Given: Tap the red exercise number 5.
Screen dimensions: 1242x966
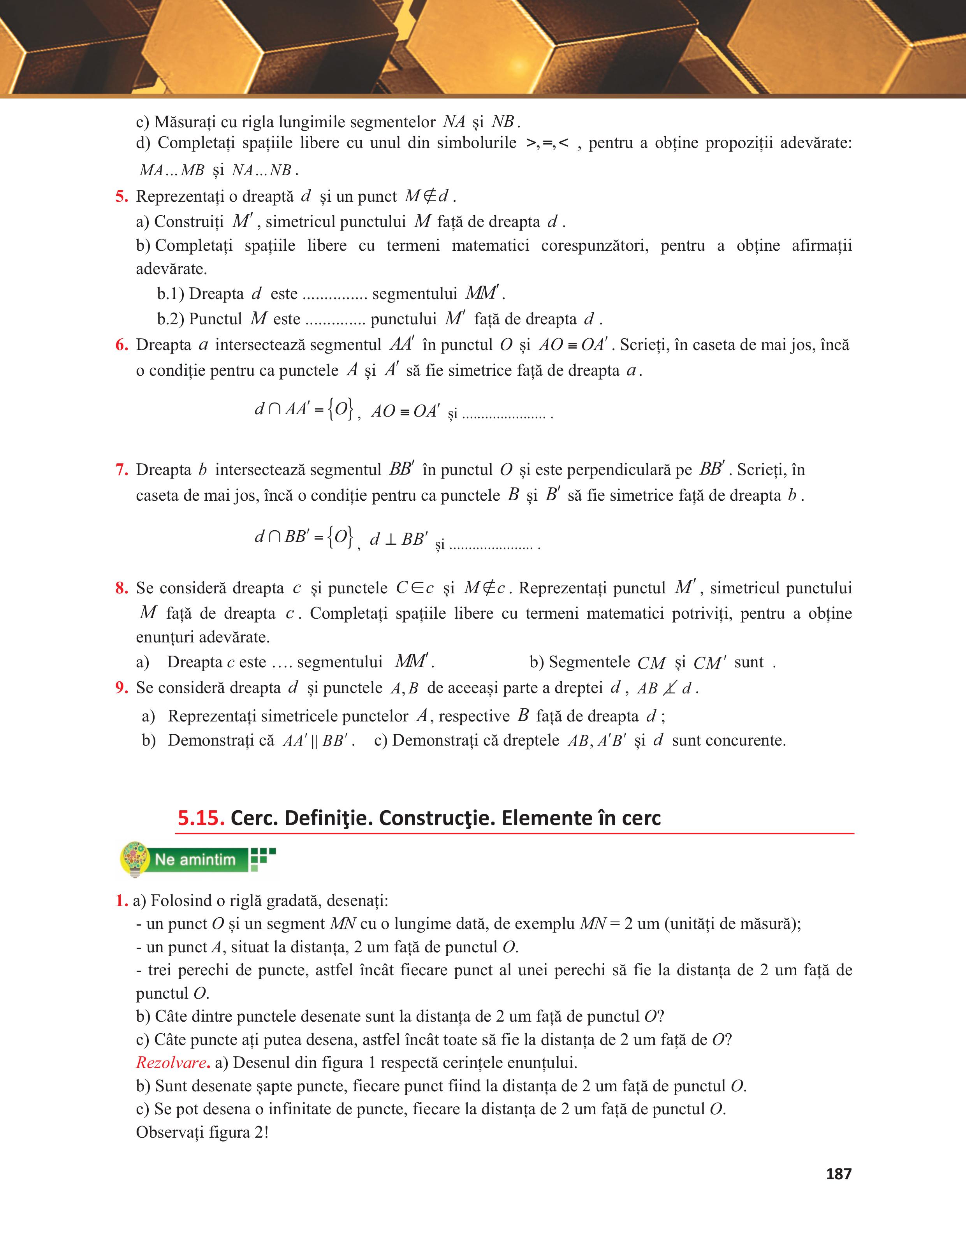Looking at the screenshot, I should pyautogui.click(x=121, y=197).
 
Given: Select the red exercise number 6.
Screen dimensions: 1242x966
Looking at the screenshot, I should pyautogui.click(x=121, y=345).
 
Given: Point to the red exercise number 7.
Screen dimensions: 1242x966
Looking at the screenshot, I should pyautogui.click(x=121, y=470).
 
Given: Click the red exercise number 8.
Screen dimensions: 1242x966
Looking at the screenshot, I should pyautogui.click(x=121, y=588).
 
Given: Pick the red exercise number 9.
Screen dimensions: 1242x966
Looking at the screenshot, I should pyautogui.click(x=121, y=688).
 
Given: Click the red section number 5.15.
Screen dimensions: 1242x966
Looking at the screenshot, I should pyautogui.click(x=201, y=818).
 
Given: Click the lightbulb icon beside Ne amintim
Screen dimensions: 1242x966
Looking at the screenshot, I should pyautogui.click(x=135, y=859).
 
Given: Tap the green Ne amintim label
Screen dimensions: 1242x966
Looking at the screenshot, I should pyautogui.click(x=195, y=859).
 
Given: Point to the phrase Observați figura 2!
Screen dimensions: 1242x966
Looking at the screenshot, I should pyautogui.click(x=202, y=1132).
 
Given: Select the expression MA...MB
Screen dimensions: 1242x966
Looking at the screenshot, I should pyautogui.click(x=172, y=170).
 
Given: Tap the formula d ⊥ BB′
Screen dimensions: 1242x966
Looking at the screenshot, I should pyautogui.click(x=399, y=538).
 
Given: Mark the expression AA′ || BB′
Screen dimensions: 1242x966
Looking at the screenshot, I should pyautogui.click(x=318, y=741).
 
